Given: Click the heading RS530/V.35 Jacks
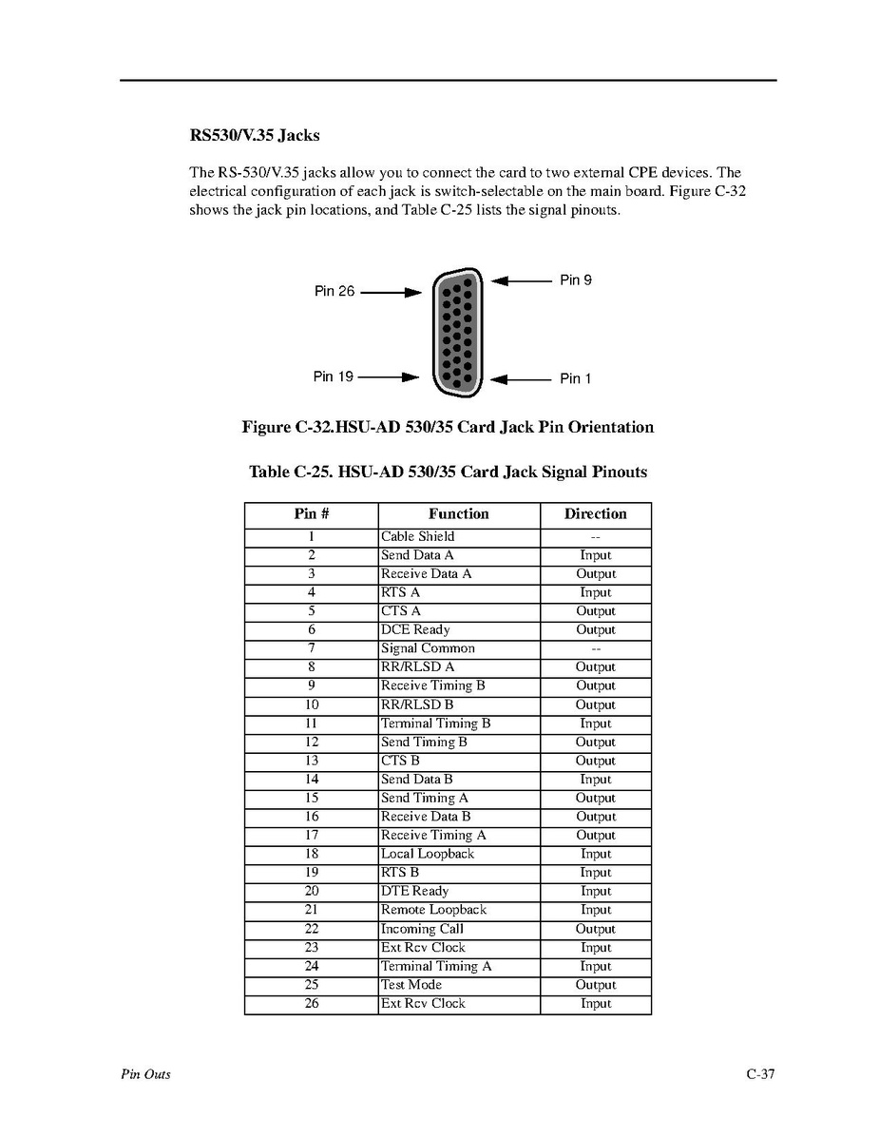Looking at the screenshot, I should pyautogui.click(x=260, y=136).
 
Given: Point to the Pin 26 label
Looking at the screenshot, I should pyautogui.click(x=334, y=291).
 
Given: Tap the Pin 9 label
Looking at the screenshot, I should pyautogui.click(x=575, y=280).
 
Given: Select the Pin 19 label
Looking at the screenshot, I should pyautogui.click(x=333, y=376).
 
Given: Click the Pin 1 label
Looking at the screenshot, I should pyautogui.click(x=575, y=378).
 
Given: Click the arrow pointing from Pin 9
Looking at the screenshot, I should pyautogui.click(x=522, y=280).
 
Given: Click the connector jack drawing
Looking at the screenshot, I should pyautogui.click(x=457, y=332).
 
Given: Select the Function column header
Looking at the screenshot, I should pyautogui.click(x=458, y=514).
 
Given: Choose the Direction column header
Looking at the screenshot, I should pyautogui.click(x=595, y=514).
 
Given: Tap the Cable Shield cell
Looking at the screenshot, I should pyautogui.click(x=418, y=537).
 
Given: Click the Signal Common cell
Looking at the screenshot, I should pyautogui.click(x=428, y=648).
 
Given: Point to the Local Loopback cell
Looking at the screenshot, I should pyautogui.click(x=427, y=854).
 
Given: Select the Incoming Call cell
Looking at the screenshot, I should pyautogui.click(x=422, y=929).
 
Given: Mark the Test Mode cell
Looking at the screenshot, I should pyautogui.click(x=411, y=985).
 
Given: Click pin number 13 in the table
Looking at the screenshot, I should pyautogui.click(x=312, y=761).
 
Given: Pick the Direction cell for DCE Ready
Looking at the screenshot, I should pyautogui.click(x=596, y=630).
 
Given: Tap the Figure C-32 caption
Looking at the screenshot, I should pyautogui.click(x=448, y=428).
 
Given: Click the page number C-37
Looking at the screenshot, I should pyautogui.click(x=760, y=1075).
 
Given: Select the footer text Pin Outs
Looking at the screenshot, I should pyautogui.click(x=145, y=1075).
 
